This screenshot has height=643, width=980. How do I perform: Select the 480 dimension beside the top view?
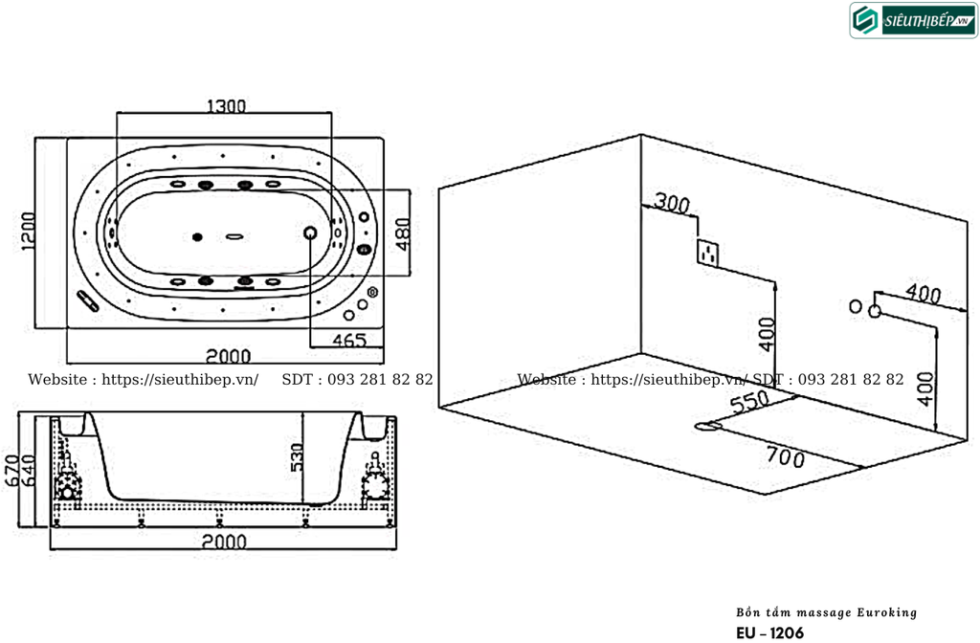403,233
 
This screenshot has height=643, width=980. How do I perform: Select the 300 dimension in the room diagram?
672,203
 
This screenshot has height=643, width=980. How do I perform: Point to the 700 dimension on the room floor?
785,458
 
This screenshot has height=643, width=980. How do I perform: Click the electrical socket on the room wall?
709,252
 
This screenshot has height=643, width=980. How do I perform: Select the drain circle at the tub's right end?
311,233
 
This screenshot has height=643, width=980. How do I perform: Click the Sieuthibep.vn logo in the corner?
913,21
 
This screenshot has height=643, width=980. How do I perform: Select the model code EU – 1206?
769,632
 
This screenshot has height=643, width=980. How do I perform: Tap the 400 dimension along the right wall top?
923,295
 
